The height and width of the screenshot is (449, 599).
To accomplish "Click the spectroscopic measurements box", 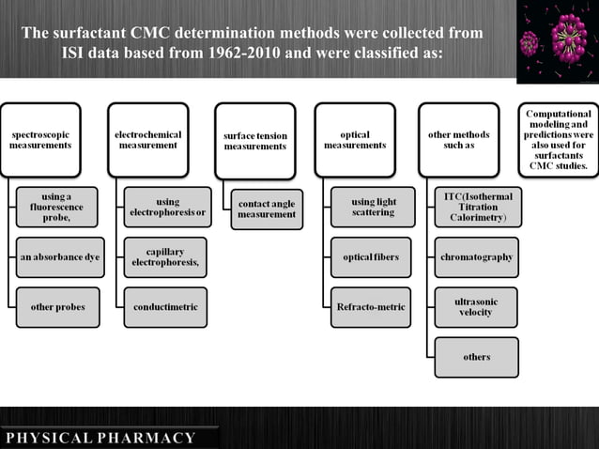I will [x=40, y=140].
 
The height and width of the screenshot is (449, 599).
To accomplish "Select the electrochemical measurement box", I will [x=147, y=140].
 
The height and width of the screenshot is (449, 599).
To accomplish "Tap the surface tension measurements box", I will [x=255, y=141].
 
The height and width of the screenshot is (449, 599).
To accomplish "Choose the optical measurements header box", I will [x=355, y=140].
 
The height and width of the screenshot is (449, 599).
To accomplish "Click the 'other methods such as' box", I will [x=459, y=140].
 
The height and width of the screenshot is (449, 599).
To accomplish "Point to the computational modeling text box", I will [x=558, y=139].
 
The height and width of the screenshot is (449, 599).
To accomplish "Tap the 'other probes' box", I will [x=57, y=307].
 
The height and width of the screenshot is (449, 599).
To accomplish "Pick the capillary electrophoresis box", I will [x=165, y=256].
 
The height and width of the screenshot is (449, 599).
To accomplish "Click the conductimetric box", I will [x=165, y=307].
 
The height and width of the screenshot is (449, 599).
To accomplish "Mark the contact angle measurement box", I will [x=267, y=208].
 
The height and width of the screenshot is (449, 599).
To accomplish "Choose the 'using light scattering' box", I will [x=372, y=207].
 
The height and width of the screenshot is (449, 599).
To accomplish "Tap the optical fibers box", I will [x=372, y=256].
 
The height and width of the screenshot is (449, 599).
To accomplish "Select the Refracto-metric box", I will [x=372, y=307].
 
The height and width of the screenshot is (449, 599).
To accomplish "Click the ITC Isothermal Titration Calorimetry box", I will [x=476, y=207].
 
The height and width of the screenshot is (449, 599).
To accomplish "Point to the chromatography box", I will [x=476, y=256].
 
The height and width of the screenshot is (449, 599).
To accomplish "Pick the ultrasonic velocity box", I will [x=476, y=306].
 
